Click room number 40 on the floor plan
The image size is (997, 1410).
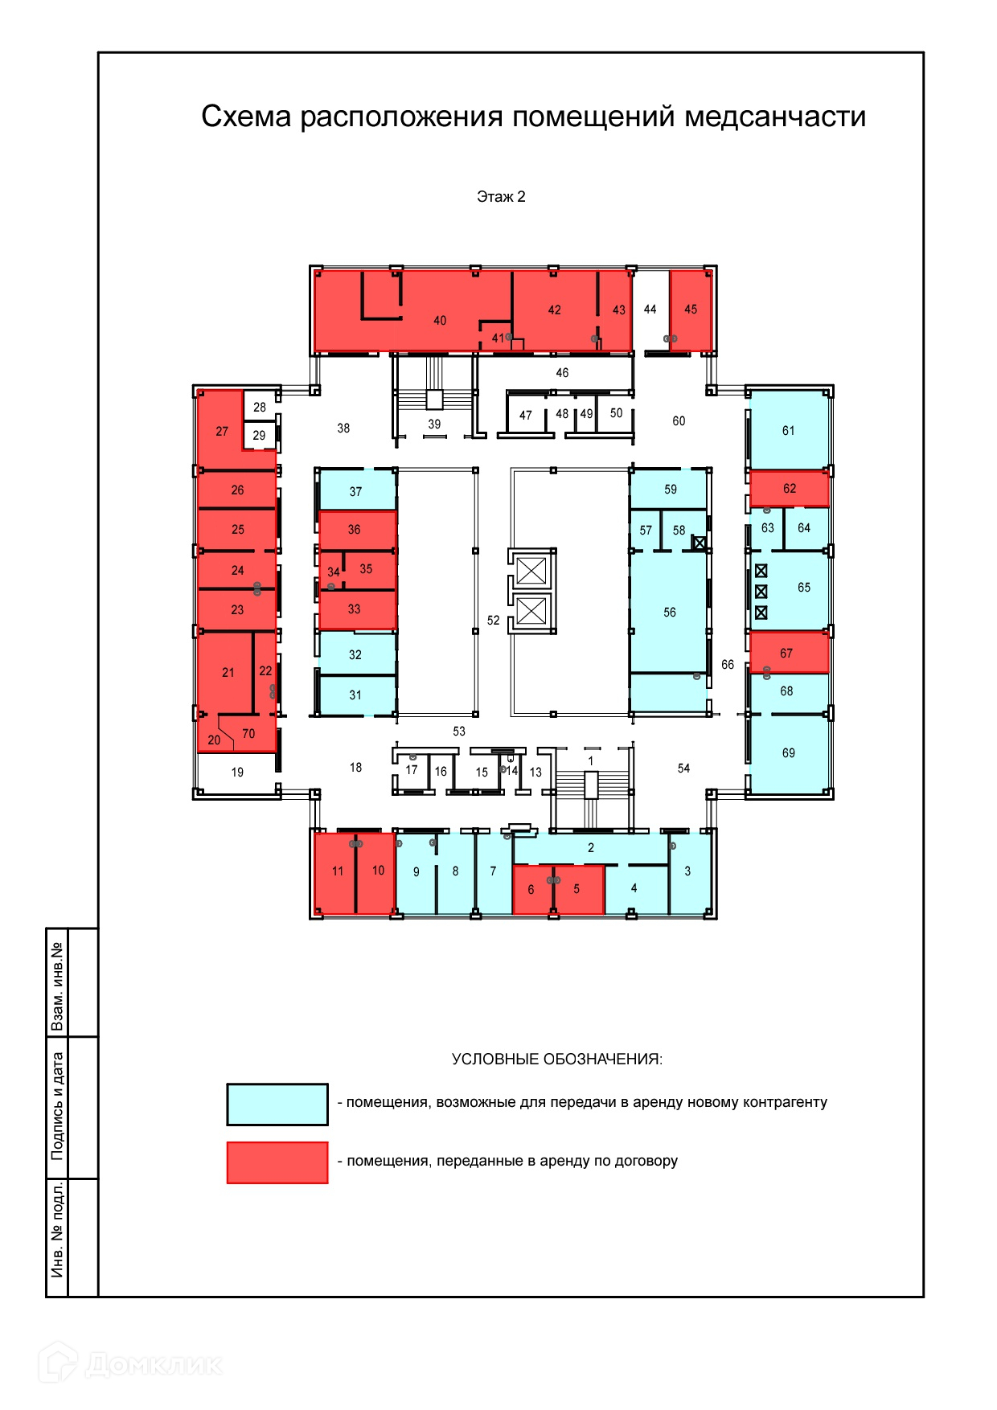coord(440,320)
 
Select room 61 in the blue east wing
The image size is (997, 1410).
coord(788,431)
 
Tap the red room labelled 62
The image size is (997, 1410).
coord(790,488)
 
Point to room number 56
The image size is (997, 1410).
coord(670,613)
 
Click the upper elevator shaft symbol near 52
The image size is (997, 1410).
coord(531,571)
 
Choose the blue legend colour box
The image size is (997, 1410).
coord(277,1104)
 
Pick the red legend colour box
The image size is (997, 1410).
coord(277,1162)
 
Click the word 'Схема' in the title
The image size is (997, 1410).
coord(246,117)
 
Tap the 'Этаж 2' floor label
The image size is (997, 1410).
coord(501,197)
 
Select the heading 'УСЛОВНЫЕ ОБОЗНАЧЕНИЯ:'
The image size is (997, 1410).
coord(557,1060)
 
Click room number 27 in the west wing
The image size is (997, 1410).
coord(222,431)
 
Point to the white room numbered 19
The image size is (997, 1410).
coord(237,773)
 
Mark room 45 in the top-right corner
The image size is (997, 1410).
coord(691,309)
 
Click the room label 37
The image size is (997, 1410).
coord(355,491)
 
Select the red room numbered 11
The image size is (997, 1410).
coord(338,871)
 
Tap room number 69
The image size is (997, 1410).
coord(788,753)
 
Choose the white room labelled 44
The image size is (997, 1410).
coord(650,309)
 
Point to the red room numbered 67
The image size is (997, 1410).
coord(786,653)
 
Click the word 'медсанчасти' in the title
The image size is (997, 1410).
coord(775,117)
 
